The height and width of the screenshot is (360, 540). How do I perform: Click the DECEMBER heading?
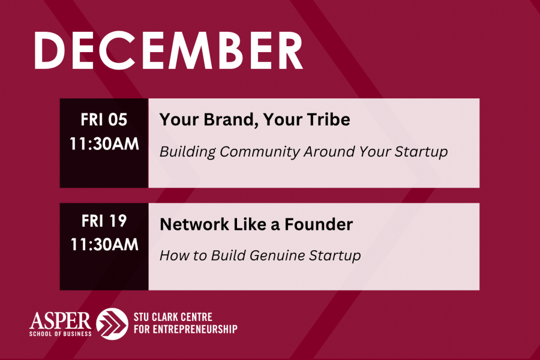(x=169, y=51)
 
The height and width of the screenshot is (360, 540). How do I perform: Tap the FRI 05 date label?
(x=104, y=119)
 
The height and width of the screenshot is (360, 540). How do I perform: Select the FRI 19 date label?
(x=104, y=221)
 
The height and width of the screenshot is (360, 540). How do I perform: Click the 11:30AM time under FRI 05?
(x=104, y=143)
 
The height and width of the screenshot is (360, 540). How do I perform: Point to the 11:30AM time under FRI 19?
(x=104, y=245)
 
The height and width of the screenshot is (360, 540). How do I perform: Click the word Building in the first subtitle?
(x=188, y=152)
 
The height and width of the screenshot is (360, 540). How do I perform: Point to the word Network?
(x=194, y=224)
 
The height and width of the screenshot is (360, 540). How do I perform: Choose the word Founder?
(x=319, y=224)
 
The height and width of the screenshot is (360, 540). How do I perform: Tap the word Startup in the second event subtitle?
(x=335, y=256)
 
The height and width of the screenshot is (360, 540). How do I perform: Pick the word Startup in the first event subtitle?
(x=421, y=152)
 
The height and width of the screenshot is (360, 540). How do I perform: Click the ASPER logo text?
(x=60, y=320)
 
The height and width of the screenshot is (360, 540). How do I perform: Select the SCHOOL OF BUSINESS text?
(x=60, y=334)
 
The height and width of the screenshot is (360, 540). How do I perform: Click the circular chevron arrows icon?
(x=112, y=324)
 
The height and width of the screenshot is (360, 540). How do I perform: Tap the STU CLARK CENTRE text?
(x=173, y=317)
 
